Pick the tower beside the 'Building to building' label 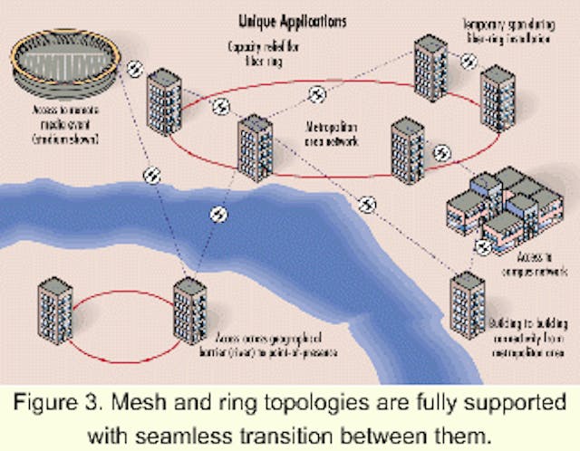click(468, 304)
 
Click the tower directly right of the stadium click(164, 101)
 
